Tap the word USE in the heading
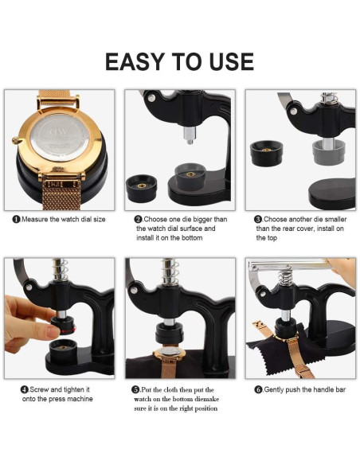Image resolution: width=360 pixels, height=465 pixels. click(226, 61)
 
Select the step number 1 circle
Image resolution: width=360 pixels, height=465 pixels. click(16, 219)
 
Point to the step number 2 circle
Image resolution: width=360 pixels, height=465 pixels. click(138, 219)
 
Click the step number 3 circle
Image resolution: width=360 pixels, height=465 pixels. click(258, 219)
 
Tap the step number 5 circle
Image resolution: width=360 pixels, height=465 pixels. click(135, 389)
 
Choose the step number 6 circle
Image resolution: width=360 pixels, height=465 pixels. click(258, 389)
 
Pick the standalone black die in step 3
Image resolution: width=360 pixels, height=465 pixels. click(266, 152)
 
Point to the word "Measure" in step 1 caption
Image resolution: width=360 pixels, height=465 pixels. click(37, 219)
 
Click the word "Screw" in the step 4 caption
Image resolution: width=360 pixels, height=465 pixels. click(42, 389)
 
